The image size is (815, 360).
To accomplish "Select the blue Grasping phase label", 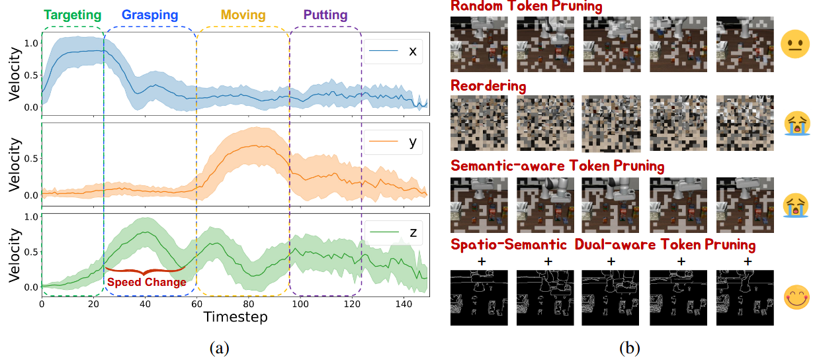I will [150, 15].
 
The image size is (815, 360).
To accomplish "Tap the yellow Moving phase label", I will [243, 15].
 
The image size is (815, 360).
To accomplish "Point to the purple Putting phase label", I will [325, 15].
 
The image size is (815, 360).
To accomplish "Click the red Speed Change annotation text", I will [146, 281].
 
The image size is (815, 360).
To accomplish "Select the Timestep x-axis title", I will [235, 317].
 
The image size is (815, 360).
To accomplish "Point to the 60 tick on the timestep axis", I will [196, 303].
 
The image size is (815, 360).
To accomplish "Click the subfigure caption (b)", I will [628, 347].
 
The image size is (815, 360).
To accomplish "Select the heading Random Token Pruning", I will [527, 7].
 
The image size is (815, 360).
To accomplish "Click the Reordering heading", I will [488, 86].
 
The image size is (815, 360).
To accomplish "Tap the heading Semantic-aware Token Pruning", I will [557, 165].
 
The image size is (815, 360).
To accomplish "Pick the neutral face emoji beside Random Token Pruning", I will [796, 45].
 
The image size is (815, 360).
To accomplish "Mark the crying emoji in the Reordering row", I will [796, 124].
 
